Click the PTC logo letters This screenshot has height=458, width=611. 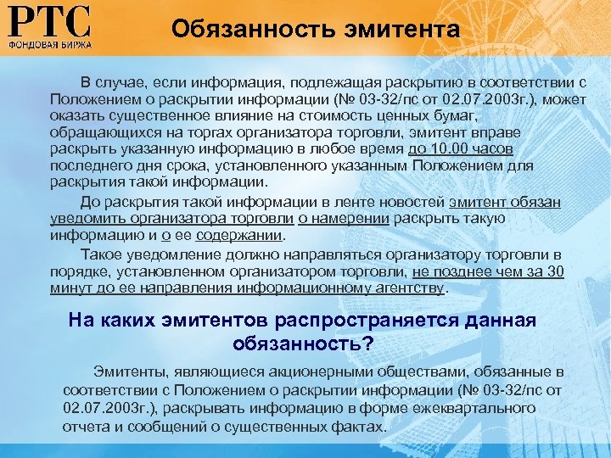(50, 21)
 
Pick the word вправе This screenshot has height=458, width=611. (496, 133)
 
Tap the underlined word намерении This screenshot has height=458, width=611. (348, 218)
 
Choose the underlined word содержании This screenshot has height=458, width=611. (238, 235)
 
